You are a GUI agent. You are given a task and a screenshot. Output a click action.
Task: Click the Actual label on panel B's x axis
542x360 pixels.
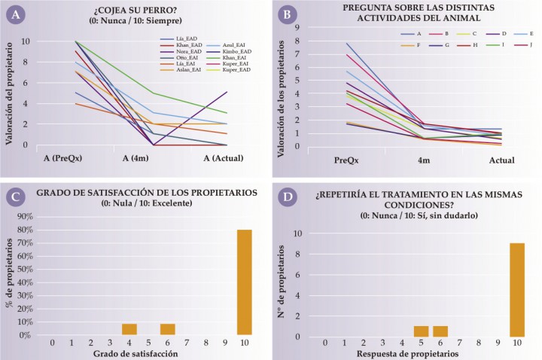click(501, 160)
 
